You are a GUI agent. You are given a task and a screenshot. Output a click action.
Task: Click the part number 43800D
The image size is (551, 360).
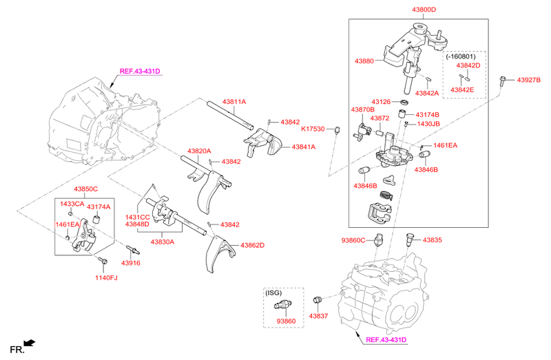[424, 10]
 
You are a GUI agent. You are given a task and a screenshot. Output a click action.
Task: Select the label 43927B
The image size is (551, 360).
[529, 81]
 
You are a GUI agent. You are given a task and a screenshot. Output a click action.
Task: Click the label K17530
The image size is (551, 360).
[313, 129]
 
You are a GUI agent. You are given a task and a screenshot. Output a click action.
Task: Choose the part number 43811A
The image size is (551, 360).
[233, 102]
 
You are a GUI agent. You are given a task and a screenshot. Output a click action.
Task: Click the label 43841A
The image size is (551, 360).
[303, 147]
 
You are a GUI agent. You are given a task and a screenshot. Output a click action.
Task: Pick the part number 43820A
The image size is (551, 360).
[199, 151]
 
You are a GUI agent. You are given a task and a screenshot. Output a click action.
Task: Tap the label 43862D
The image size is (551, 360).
[252, 245]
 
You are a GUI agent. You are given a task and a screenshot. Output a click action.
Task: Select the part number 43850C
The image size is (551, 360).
[86, 189]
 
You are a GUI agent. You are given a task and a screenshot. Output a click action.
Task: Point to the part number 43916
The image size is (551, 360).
[130, 263]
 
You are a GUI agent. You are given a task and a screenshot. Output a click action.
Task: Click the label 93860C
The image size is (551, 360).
[354, 240]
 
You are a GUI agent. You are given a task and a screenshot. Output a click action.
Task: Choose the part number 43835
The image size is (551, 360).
[433, 240]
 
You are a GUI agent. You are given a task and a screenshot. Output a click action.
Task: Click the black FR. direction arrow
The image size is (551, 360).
[29, 343]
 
